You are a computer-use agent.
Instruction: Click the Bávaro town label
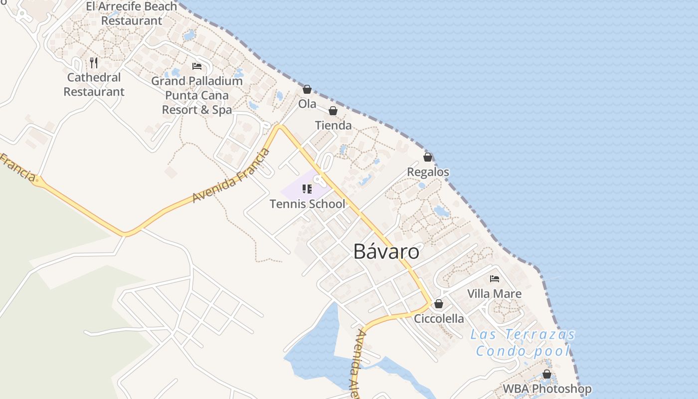tap(386, 251)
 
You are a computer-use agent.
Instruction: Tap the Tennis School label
tap(307, 204)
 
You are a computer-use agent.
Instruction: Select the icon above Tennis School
tap(307, 189)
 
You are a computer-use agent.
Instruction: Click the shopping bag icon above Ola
tap(307, 89)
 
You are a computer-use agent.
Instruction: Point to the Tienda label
tap(333, 126)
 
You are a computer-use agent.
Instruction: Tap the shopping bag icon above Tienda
tap(333, 111)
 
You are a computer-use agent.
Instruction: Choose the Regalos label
tap(428, 172)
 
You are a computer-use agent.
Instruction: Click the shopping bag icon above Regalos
tap(428, 157)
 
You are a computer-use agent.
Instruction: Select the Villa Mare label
tap(494, 294)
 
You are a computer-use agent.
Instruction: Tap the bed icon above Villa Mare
tap(495, 279)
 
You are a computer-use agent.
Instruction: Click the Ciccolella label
tap(439, 319)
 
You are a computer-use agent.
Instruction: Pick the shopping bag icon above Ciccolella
tap(439, 304)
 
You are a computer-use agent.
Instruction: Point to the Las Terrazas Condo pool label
tap(523, 343)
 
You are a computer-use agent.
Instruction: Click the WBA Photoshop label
tap(547, 389)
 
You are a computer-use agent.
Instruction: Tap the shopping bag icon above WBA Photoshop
tap(547, 374)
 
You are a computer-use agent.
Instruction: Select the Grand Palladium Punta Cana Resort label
tap(197, 95)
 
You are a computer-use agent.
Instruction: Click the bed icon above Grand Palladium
tap(197, 66)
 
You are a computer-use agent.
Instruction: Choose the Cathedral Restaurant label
tap(94, 85)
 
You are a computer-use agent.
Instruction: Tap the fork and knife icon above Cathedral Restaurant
tap(94, 62)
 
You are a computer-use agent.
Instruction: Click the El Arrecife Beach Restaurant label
tap(132, 13)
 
